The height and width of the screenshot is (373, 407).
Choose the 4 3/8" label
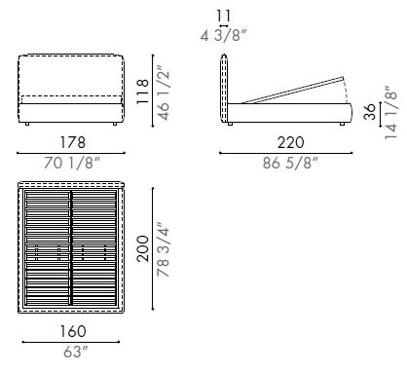click(225, 36)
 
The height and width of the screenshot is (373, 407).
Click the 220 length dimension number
click(282, 141)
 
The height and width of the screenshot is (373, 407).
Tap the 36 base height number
click(369, 113)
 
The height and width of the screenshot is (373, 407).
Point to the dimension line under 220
click(282, 153)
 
